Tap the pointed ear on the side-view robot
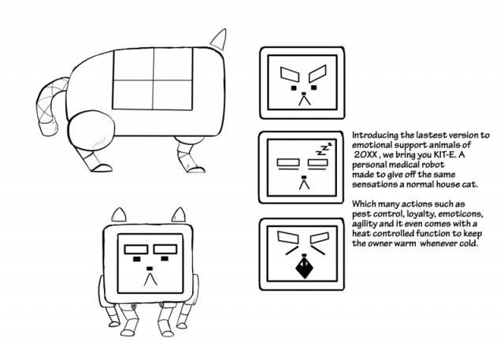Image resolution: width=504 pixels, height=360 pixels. click(219, 40)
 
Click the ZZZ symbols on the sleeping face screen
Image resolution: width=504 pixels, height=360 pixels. click(324, 150)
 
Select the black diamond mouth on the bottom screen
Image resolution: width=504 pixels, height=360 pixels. click(304, 266)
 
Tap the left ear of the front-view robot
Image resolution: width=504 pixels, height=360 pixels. click(119, 214)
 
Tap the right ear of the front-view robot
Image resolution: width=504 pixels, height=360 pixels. click(179, 214)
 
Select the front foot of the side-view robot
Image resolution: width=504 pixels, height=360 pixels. click(195, 169)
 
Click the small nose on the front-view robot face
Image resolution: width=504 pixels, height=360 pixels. click(150, 269)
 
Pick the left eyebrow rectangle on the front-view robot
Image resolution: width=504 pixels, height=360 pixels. click(136, 249)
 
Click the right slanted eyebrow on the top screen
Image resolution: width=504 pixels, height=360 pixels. click(317, 73)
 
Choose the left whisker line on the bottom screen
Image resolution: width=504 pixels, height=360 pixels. click(291, 251)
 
